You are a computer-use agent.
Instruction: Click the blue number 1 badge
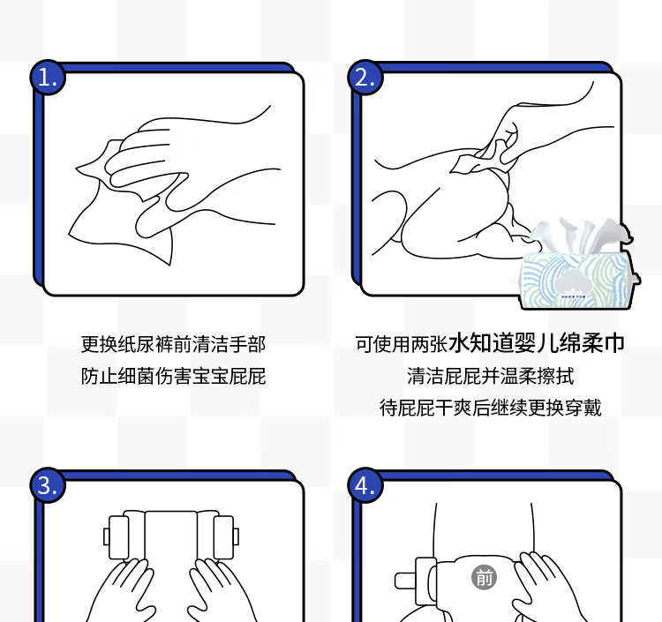(x=48, y=78)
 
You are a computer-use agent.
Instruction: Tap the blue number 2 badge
(x=365, y=78)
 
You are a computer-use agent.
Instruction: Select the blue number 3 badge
(x=48, y=485)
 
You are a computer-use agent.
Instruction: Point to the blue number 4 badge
(x=365, y=485)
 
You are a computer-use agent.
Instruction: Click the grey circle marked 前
(x=484, y=578)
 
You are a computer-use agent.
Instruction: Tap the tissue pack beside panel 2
(x=578, y=265)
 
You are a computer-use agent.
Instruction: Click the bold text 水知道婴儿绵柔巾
(x=536, y=342)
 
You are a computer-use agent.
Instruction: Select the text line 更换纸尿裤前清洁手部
(x=173, y=344)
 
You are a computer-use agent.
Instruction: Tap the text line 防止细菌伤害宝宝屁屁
(x=173, y=376)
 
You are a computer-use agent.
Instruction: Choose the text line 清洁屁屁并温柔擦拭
(x=490, y=376)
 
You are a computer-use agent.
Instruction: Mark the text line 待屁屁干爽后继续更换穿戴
(x=490, y=408)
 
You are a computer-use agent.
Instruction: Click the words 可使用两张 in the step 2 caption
(x=402, y=344)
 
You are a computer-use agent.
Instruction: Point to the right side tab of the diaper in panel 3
(x=225, y=536)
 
